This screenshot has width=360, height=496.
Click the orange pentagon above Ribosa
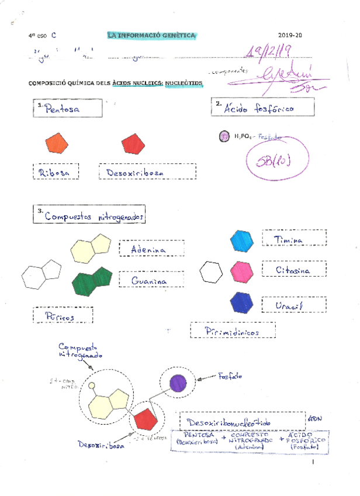tap(57, 143)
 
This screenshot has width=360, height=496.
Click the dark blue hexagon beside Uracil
tap(241, 302)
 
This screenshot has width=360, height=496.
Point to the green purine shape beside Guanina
tap(92, 281)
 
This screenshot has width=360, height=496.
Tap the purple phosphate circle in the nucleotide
tap(178, 383)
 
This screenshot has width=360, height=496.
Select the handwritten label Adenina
tap(148, 250)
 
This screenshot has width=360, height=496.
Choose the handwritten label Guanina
tap(149, 281)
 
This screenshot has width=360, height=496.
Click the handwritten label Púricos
tap(63, 316)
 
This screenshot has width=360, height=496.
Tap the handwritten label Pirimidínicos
tap(224, 332)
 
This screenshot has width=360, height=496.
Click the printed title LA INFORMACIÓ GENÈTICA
tap(152, 36)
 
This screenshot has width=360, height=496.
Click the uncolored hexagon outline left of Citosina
tap(210, 272)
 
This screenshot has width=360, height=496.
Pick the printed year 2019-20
tap(290, 36)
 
